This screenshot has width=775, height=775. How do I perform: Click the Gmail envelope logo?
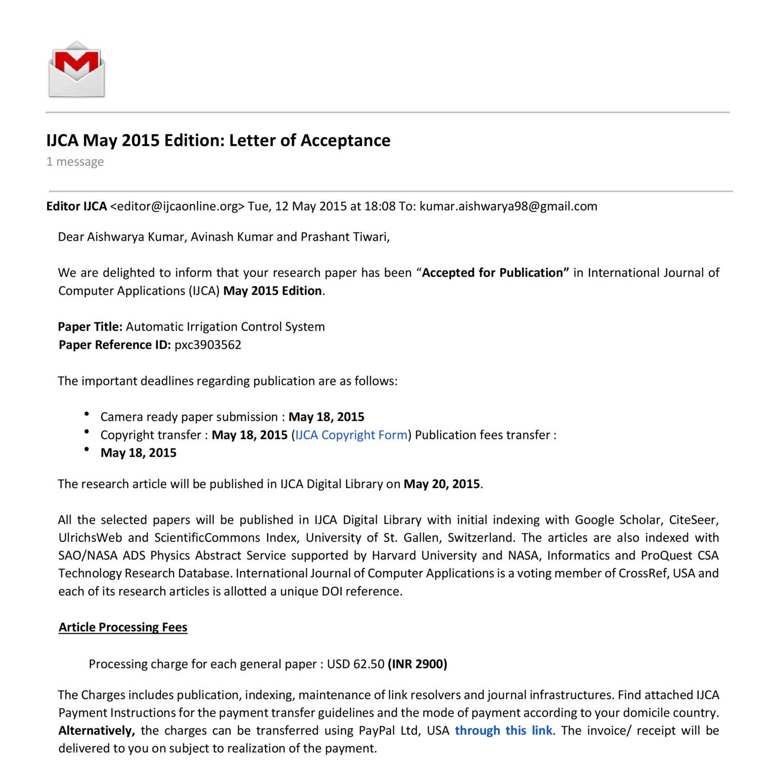(x=76, y=69)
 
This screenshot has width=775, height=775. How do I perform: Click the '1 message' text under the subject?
(x=75, y=162)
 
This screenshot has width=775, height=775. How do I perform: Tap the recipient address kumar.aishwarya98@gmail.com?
(x=508, y=206)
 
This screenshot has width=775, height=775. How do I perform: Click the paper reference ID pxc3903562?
(x=208, y=345)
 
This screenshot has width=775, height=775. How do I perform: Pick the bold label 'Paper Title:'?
(x=90, y=327)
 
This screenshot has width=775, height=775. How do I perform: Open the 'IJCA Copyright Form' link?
(x=351, y=435)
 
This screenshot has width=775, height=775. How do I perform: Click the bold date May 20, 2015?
(x=442, y=484)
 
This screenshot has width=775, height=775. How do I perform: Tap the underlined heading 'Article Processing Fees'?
(x=123, y=627)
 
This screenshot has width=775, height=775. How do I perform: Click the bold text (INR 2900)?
(x=417, y=664)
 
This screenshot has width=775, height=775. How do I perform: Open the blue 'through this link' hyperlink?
(x=503, y=731)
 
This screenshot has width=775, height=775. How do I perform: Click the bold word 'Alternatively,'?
(x=97, y=731)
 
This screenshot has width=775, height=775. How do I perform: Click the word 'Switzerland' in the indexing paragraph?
(x=481, y=538)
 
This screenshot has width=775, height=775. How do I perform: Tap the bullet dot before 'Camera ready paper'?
(x=86, y=414)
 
